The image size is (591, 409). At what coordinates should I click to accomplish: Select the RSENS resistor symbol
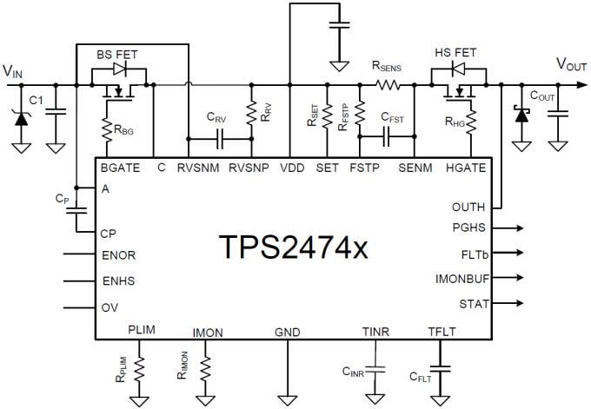tap(387, 85)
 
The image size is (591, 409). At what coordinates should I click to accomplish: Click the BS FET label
tap(116, 54)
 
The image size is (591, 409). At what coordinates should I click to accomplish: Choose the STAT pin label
tap(474, 304)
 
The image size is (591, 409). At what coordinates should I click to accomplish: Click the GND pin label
tap(286, 332)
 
